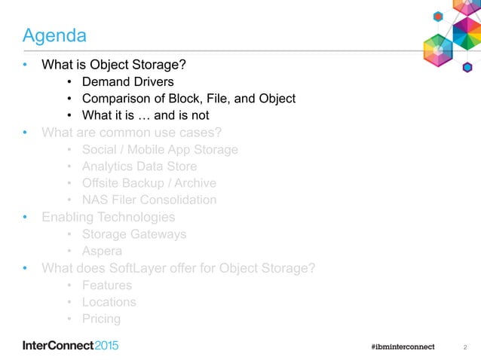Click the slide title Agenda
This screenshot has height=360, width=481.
click(x=54, y=35)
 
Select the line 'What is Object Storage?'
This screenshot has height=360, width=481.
click(x=114, y=65)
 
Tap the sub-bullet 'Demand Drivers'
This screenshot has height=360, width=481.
click(x=127, y=81)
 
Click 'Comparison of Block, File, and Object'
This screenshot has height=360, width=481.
click(x=188, y=99)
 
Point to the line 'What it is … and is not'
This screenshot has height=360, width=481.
click(x=145, y=115)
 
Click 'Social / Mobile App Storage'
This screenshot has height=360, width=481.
click(x=160, y=149)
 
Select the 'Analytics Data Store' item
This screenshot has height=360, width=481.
click(x=139, y=166)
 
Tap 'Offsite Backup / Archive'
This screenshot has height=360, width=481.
click(x=149, y=183)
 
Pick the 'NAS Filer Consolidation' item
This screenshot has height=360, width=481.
click(x=149, y=200)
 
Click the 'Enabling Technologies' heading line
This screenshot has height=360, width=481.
click(x=109, y=217)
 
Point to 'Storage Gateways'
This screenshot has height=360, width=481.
click(x=134, y=234)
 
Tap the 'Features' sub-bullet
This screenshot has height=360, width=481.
click(x=107, y=285)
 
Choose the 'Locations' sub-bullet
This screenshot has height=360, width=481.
click(x=109, y=302)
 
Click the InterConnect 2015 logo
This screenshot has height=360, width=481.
click(x=70, y=346)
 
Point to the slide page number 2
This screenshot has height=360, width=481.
click(x=465, y=346)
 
